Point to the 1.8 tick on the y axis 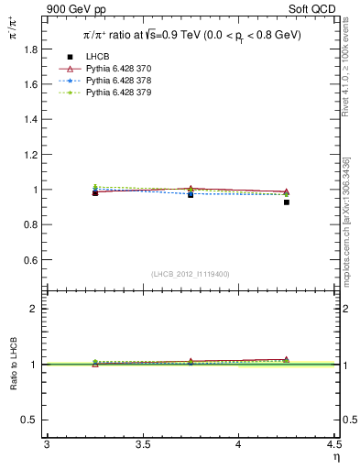29,49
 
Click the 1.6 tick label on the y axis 29,84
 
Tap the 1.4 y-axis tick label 29,120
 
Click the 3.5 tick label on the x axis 142,444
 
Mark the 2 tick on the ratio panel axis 33,309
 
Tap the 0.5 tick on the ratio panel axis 29,420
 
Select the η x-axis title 335,456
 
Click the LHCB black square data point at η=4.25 286,202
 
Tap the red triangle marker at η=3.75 191,189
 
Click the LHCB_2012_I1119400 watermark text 191,273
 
